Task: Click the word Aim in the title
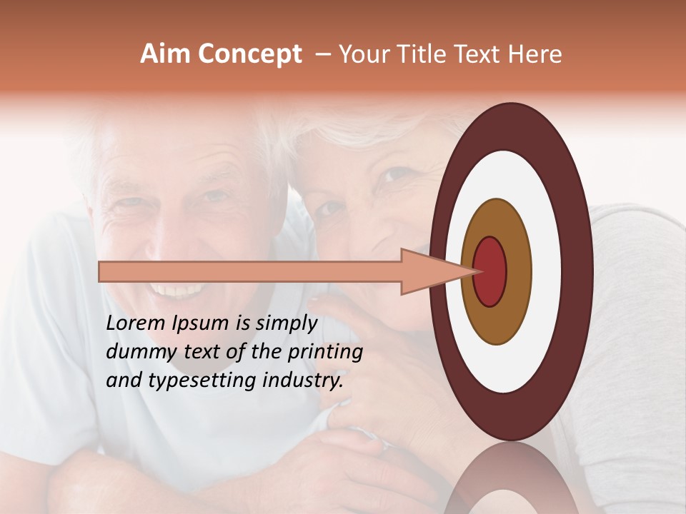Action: coord(166,54)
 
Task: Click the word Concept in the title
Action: coord(249,54)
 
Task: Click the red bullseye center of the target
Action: coord(489,271)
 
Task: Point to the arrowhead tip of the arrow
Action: coord(477,271)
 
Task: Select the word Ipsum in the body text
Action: coord(202,324)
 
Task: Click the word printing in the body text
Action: coord(329,352)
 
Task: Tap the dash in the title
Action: coord(322,55)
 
